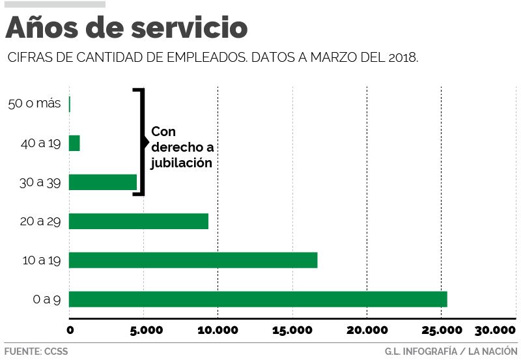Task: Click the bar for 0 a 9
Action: [257, 299]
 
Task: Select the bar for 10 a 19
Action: [193, 260]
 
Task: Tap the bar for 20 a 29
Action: [138, 221]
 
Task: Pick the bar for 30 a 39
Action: [102, 182]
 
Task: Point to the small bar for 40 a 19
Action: [74, 143]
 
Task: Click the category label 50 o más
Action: [35, 104]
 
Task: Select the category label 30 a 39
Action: [40, 182]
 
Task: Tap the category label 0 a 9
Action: [46, 299]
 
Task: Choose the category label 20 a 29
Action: [40, 221]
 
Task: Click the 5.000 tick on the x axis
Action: [143, 329]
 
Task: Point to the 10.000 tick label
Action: [217, 329]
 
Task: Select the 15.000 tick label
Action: [292, 329]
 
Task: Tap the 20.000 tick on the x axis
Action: [367, 329]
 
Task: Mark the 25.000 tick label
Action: [441, 329]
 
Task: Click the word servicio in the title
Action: [190, 27]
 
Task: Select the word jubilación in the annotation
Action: [182, 163]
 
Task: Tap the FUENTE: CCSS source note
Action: [36, 352]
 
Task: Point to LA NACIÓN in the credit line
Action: [493, 352]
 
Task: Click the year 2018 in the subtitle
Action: [401, 57]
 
